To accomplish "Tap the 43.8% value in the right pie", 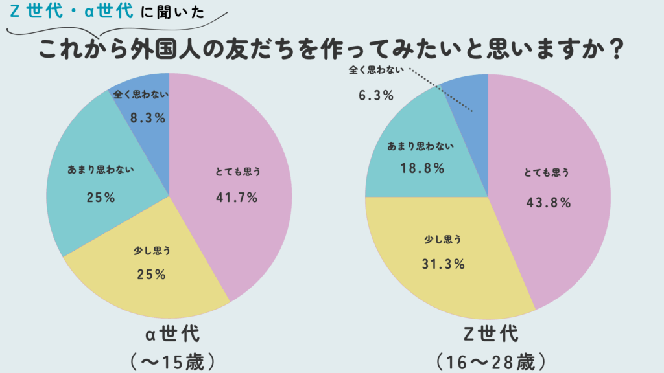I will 549,202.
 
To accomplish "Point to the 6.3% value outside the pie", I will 376,96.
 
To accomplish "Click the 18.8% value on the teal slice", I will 422,168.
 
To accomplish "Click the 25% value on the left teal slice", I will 101,198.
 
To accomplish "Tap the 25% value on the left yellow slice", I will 152,275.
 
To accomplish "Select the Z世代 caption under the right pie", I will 487,335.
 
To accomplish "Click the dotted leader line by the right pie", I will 442,91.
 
